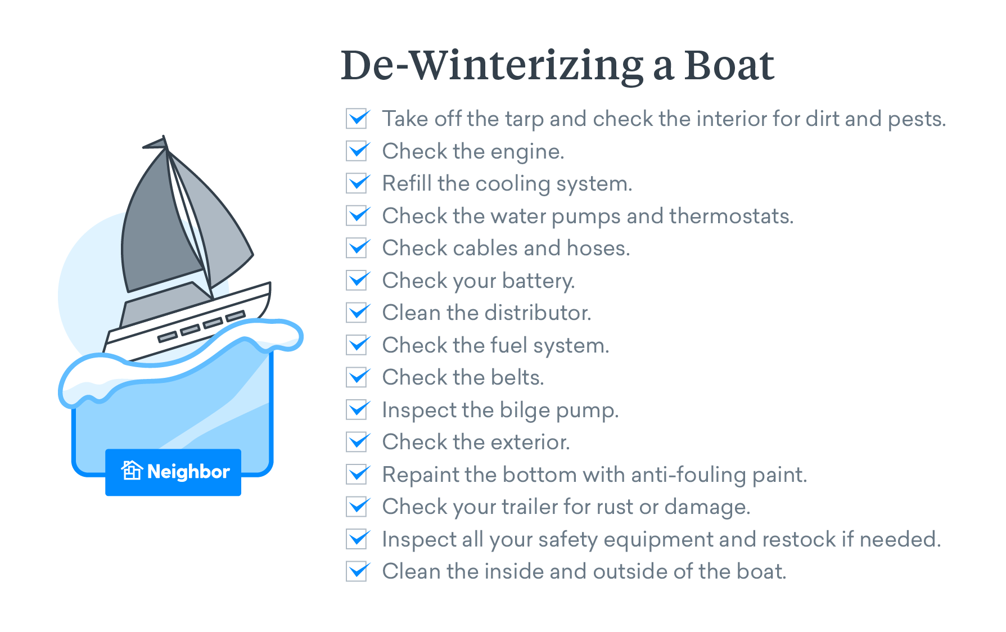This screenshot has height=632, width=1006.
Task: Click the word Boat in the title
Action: [729, 65]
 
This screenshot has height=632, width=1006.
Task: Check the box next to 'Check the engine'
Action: [357, 151]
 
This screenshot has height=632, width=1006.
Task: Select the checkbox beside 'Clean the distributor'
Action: [357, 313]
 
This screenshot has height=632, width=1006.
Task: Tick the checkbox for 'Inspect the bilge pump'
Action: [357, 410]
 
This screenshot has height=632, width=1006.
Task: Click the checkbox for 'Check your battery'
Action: [357, 281]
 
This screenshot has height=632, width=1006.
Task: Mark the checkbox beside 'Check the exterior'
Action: [357, 442]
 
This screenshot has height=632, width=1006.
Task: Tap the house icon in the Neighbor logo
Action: [132, 471]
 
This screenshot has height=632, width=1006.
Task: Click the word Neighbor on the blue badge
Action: [188, 472]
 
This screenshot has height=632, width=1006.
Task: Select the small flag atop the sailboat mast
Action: [156, 143]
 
